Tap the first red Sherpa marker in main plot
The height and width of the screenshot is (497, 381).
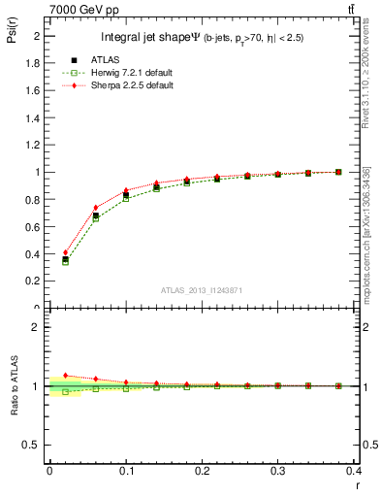tap(65, 252)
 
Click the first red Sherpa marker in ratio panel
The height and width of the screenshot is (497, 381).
tap(65, 375)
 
